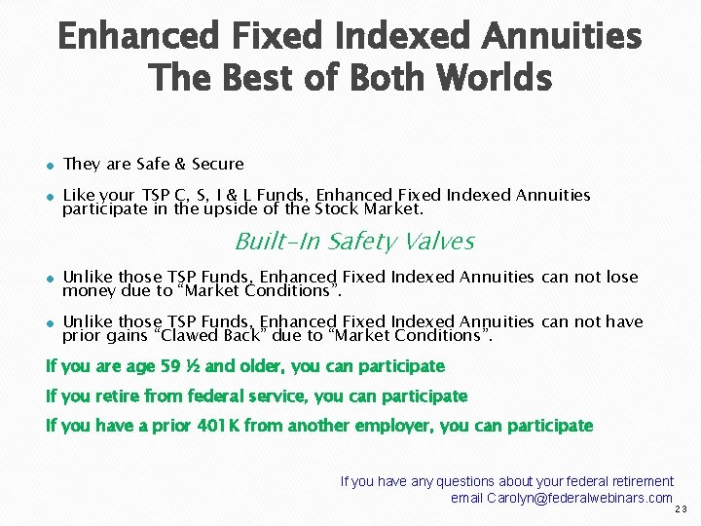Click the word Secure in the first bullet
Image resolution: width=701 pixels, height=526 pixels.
[218, 164]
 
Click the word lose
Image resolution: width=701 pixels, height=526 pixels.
[621, 277]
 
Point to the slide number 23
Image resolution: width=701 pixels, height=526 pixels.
[681, 509]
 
